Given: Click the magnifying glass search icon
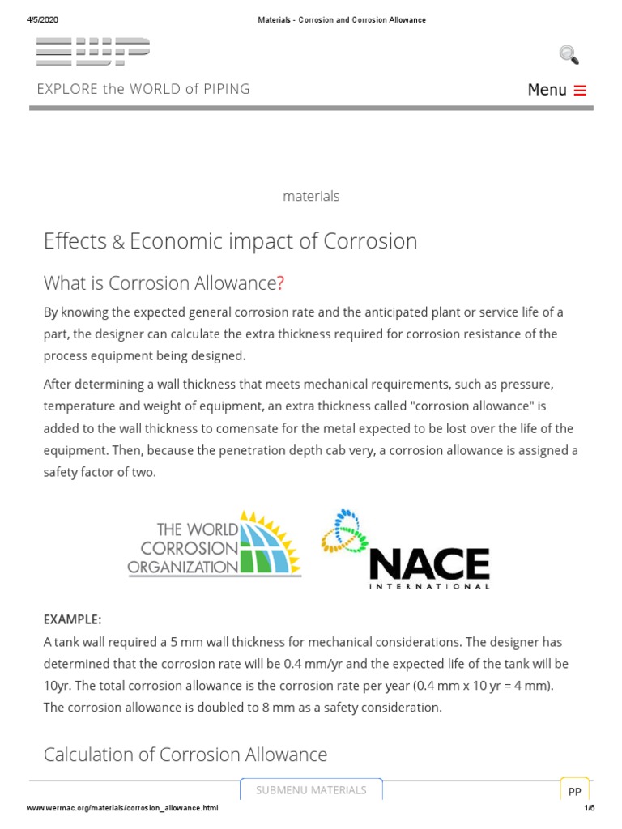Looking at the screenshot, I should (x=569, y=55).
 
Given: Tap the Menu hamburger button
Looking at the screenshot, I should (x=556, y=90).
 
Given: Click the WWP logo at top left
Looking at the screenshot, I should (x=93, y=51).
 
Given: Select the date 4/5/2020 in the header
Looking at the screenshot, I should (x=42, y=19).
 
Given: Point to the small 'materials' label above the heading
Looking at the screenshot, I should (x=311, y=196).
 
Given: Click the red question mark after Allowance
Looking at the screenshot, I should (x=281, y=283).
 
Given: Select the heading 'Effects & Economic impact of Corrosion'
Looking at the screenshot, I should (x=230, y=241).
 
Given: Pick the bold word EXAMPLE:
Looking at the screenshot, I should (x=72, y=619).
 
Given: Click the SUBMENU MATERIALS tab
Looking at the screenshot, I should (x=311, y=790).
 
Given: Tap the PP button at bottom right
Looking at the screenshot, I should (x=574, y=792).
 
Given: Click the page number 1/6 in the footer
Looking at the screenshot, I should (x=589, y=808).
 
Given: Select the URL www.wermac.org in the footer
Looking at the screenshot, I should (x=122, y=808).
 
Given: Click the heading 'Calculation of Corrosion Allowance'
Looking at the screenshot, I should (x=185, y=755).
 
